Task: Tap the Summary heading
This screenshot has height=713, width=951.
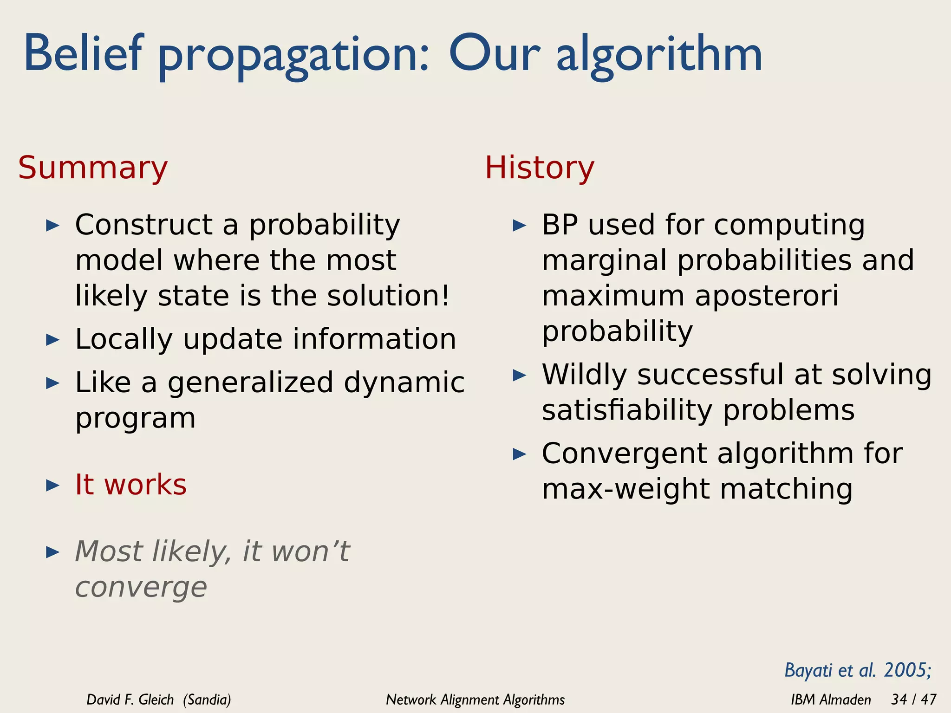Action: (93, 168)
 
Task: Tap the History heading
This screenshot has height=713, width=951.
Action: (539, 168)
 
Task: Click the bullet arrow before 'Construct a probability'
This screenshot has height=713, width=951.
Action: (53, 226)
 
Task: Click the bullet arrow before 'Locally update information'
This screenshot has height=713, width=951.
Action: (53, 340)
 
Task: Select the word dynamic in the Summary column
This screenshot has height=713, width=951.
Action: (404, 383)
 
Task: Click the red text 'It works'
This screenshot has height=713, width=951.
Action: (130, 485)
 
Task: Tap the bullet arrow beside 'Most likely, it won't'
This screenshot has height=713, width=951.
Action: (53, 552)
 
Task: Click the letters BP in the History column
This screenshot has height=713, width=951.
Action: (560, 225)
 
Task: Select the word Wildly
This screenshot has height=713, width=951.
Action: (584, 375)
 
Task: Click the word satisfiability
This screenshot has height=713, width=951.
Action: (627, 410)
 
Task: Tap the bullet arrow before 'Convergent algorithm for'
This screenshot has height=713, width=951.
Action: (519, 454)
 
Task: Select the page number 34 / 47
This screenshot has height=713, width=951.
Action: (913, 699)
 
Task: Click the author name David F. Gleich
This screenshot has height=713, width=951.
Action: (130, 700)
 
